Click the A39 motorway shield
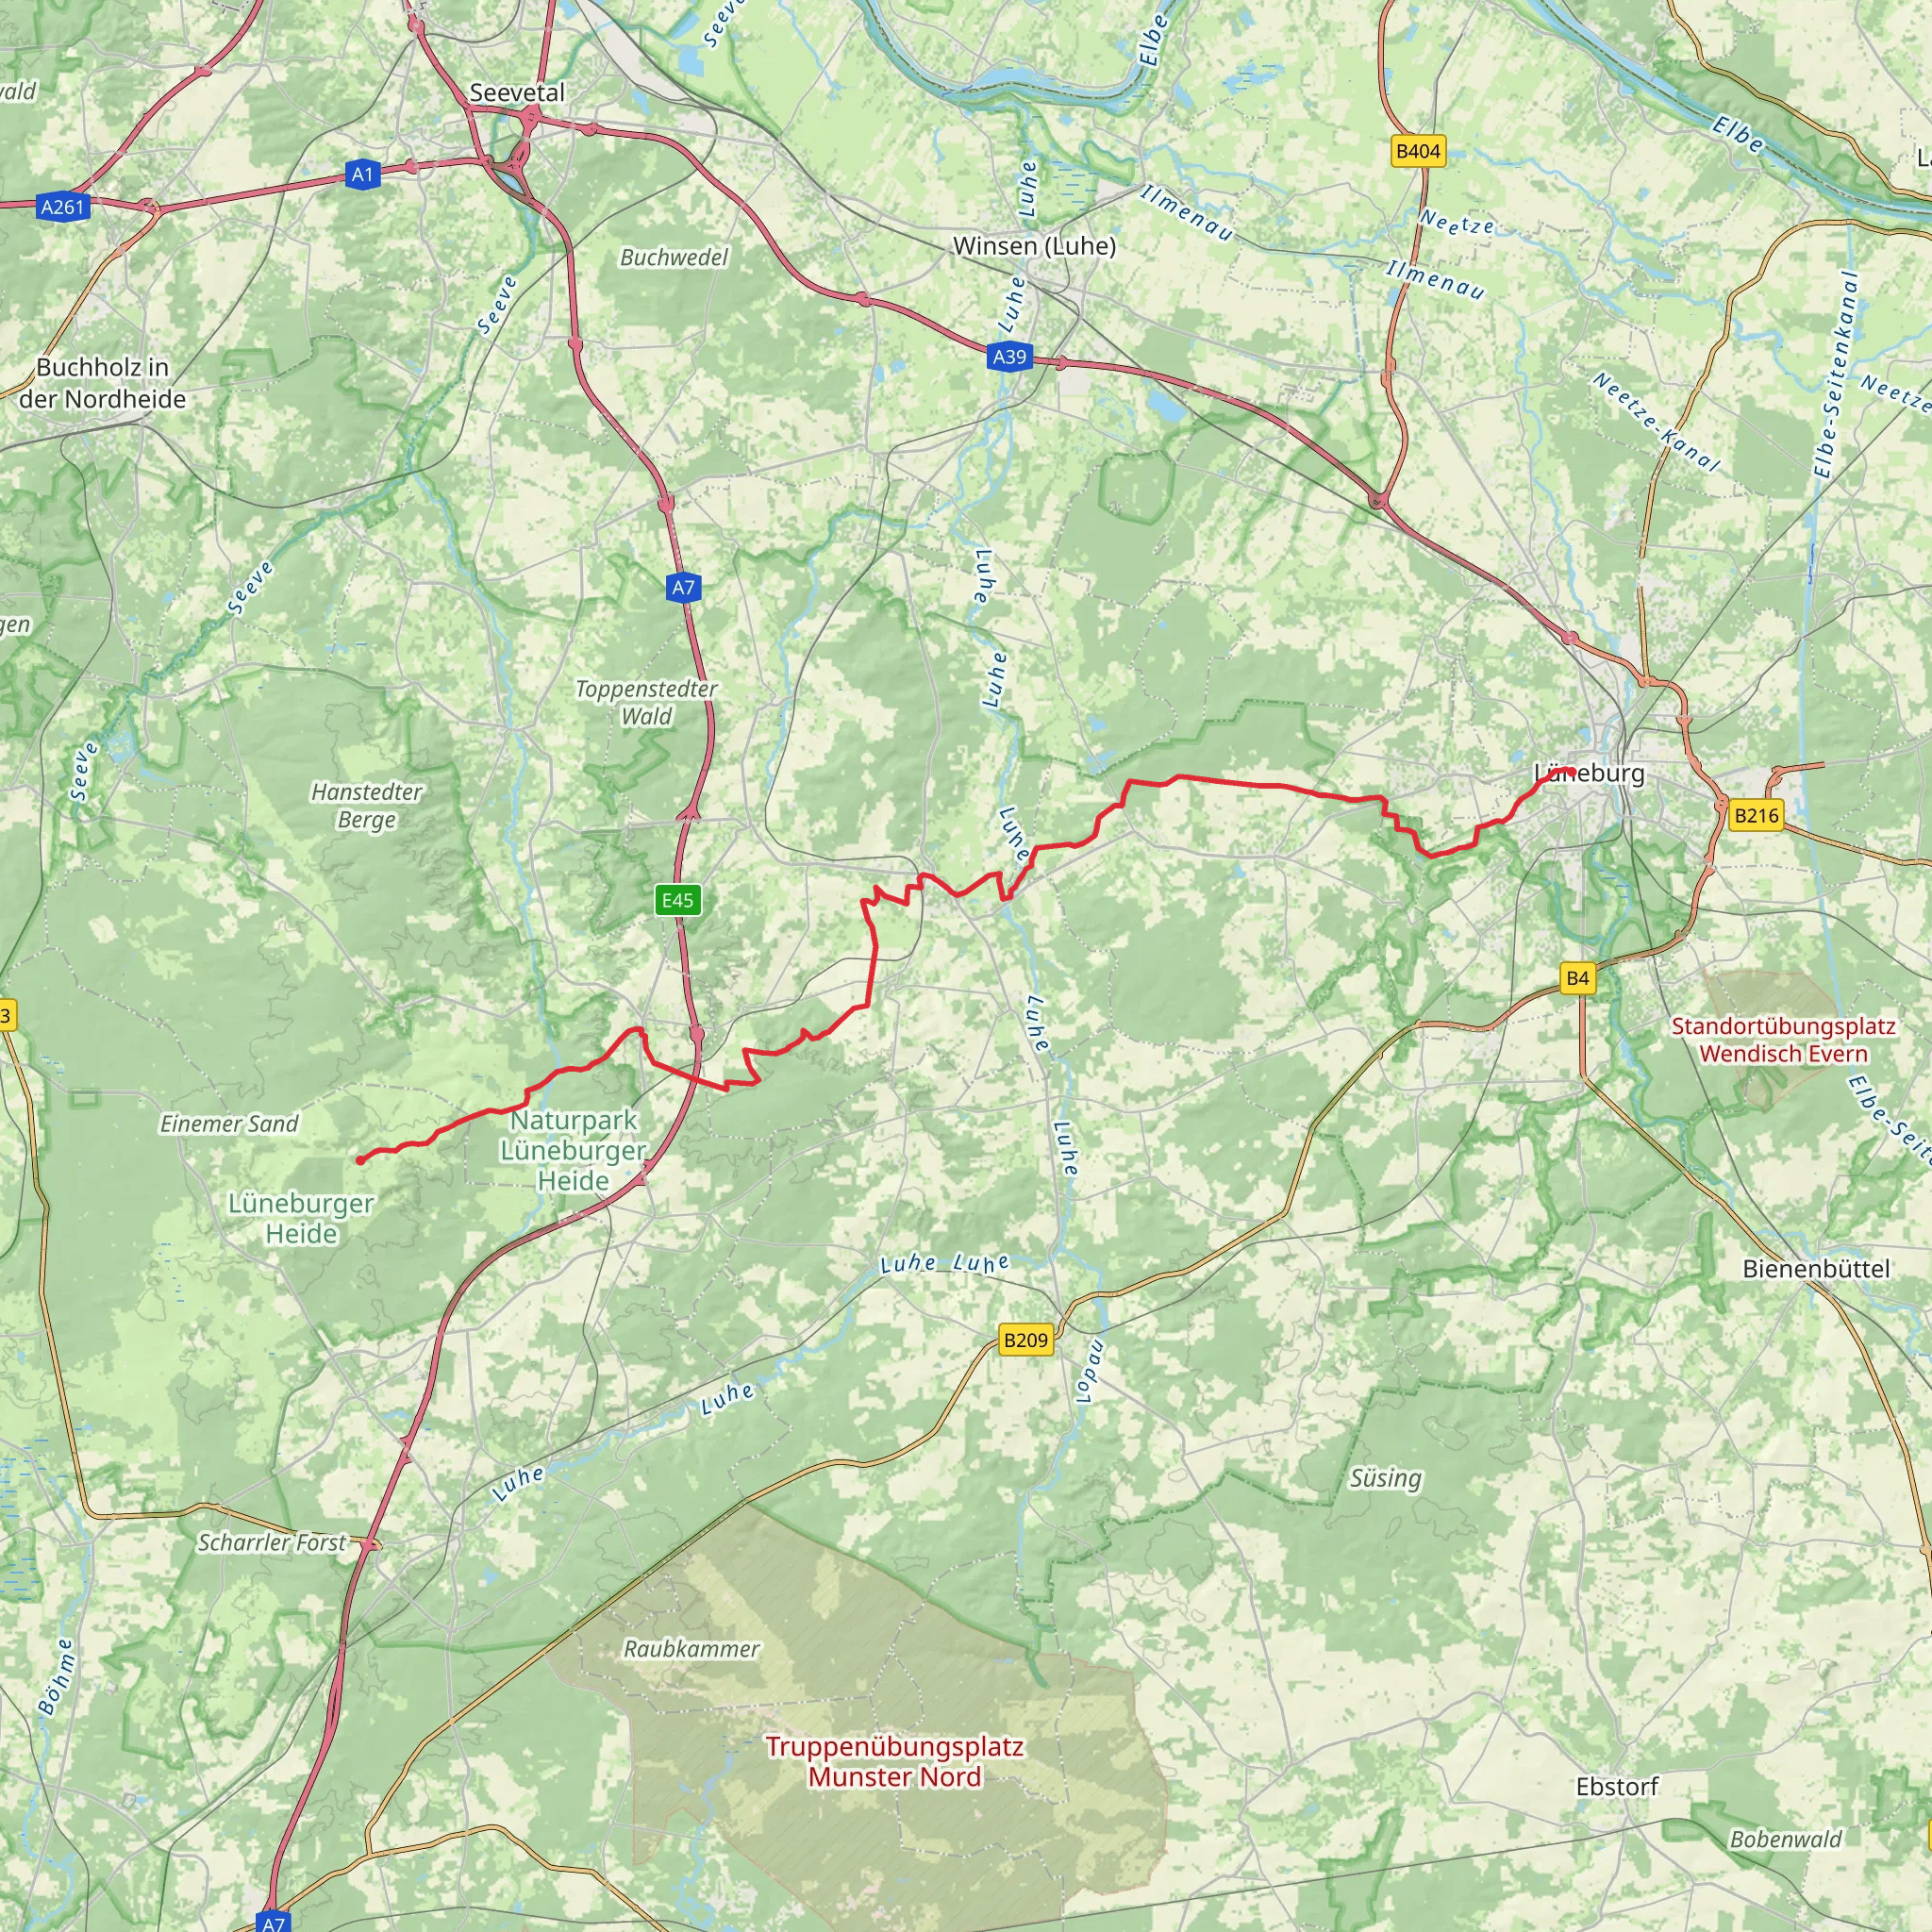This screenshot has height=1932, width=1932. [x=1009, y=357]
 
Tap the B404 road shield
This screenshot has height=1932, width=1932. [x=1418, y=152]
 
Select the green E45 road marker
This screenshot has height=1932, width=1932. [x=677, y=900]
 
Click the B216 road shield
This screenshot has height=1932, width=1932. [x=1756, y=815]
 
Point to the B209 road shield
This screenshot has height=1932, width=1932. [x=1025, y=1340]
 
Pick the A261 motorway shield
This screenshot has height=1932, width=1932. [x=62, y=207]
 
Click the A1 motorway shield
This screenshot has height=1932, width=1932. [x=362, y=175]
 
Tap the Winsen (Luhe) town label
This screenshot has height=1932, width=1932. [x=1034, y=245]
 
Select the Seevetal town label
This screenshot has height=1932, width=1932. [x=517, y=92]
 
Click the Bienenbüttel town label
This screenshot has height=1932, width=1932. [x=1816, y=1269]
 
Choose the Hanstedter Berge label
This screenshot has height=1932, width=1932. [x=367, y=806]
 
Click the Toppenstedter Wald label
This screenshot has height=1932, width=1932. [x=646, y=702]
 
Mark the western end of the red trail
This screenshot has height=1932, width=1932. [x=360, y=1160]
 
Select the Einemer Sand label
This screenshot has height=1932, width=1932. [x=229, y=1124]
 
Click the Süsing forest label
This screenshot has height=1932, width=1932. [x=1385, y=1478]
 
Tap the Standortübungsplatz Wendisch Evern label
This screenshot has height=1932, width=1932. [x=1783, y=1040]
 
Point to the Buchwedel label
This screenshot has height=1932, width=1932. [x=674, y=258]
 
